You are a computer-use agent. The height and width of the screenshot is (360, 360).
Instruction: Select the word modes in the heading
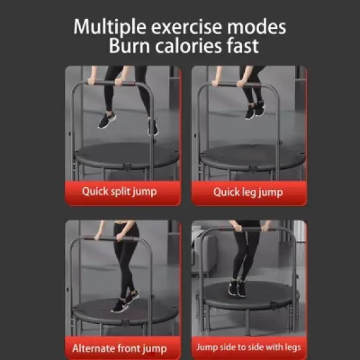click(x=258, y=27)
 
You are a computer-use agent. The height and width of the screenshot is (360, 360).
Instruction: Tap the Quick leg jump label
click(x=247, y=192)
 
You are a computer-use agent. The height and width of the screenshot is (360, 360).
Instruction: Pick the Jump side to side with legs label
click(x=249, y=347)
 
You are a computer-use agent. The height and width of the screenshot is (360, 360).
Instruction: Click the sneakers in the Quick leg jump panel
click(x=254, y=109)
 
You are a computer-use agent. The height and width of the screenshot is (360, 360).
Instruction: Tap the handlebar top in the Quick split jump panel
click(x=111, y=84)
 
